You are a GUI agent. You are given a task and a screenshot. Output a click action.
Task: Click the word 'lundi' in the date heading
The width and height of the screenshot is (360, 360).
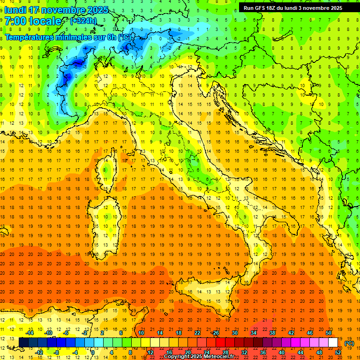coord(15,10)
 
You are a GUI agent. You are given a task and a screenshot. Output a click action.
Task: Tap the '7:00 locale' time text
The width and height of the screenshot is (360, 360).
coord(33,21)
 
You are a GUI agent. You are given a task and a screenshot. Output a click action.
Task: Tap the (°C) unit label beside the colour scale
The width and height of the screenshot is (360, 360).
coord(349,343)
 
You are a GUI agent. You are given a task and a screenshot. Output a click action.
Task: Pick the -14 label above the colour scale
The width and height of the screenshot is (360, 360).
coord(30,333)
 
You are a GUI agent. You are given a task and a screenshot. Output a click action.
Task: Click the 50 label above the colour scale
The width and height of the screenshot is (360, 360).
coord(329,333)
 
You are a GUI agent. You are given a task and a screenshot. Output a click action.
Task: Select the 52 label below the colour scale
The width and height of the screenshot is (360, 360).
coord(338,352)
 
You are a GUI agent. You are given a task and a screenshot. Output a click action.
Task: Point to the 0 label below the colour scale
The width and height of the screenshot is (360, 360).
coord(93,352)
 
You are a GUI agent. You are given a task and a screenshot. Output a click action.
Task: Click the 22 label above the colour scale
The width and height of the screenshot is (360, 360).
coord(197,333)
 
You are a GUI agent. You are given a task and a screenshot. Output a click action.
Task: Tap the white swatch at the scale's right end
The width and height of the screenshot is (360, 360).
coord(333,343)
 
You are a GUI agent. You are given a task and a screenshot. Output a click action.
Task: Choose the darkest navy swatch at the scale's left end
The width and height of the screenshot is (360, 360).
coord(23,343)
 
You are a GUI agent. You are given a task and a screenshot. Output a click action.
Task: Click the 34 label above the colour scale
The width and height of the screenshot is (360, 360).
coord(254,333)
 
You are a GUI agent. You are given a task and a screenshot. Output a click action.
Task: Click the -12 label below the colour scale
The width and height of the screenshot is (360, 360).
coord(39,352)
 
